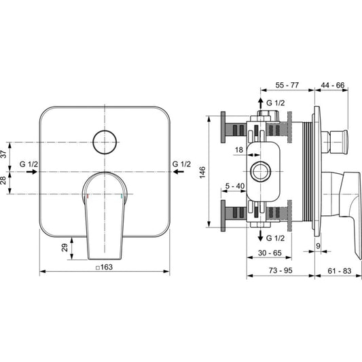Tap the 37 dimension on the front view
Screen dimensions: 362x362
tap(3, 154)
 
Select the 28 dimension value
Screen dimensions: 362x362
tap(3, 181)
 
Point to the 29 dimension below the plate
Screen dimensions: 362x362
tap(65, 248)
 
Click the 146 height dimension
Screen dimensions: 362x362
tap(202, 173)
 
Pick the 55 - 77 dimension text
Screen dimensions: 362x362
tap(287, 85)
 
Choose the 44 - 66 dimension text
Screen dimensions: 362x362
tap(333, 85)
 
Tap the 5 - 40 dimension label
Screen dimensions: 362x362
tap(235, 186)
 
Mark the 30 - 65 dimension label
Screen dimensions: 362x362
tap(270, 253)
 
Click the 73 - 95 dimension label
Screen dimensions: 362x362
tap(280, 270)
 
